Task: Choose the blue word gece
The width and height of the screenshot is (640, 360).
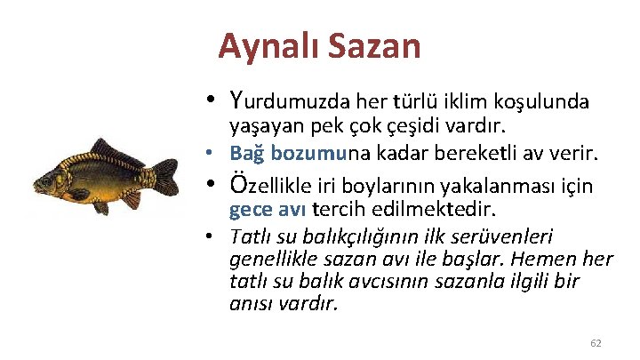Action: click(x=249, y=211)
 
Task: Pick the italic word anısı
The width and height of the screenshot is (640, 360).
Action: click(x=250, y=305)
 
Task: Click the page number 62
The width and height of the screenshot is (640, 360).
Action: click(x=596, y=342)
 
